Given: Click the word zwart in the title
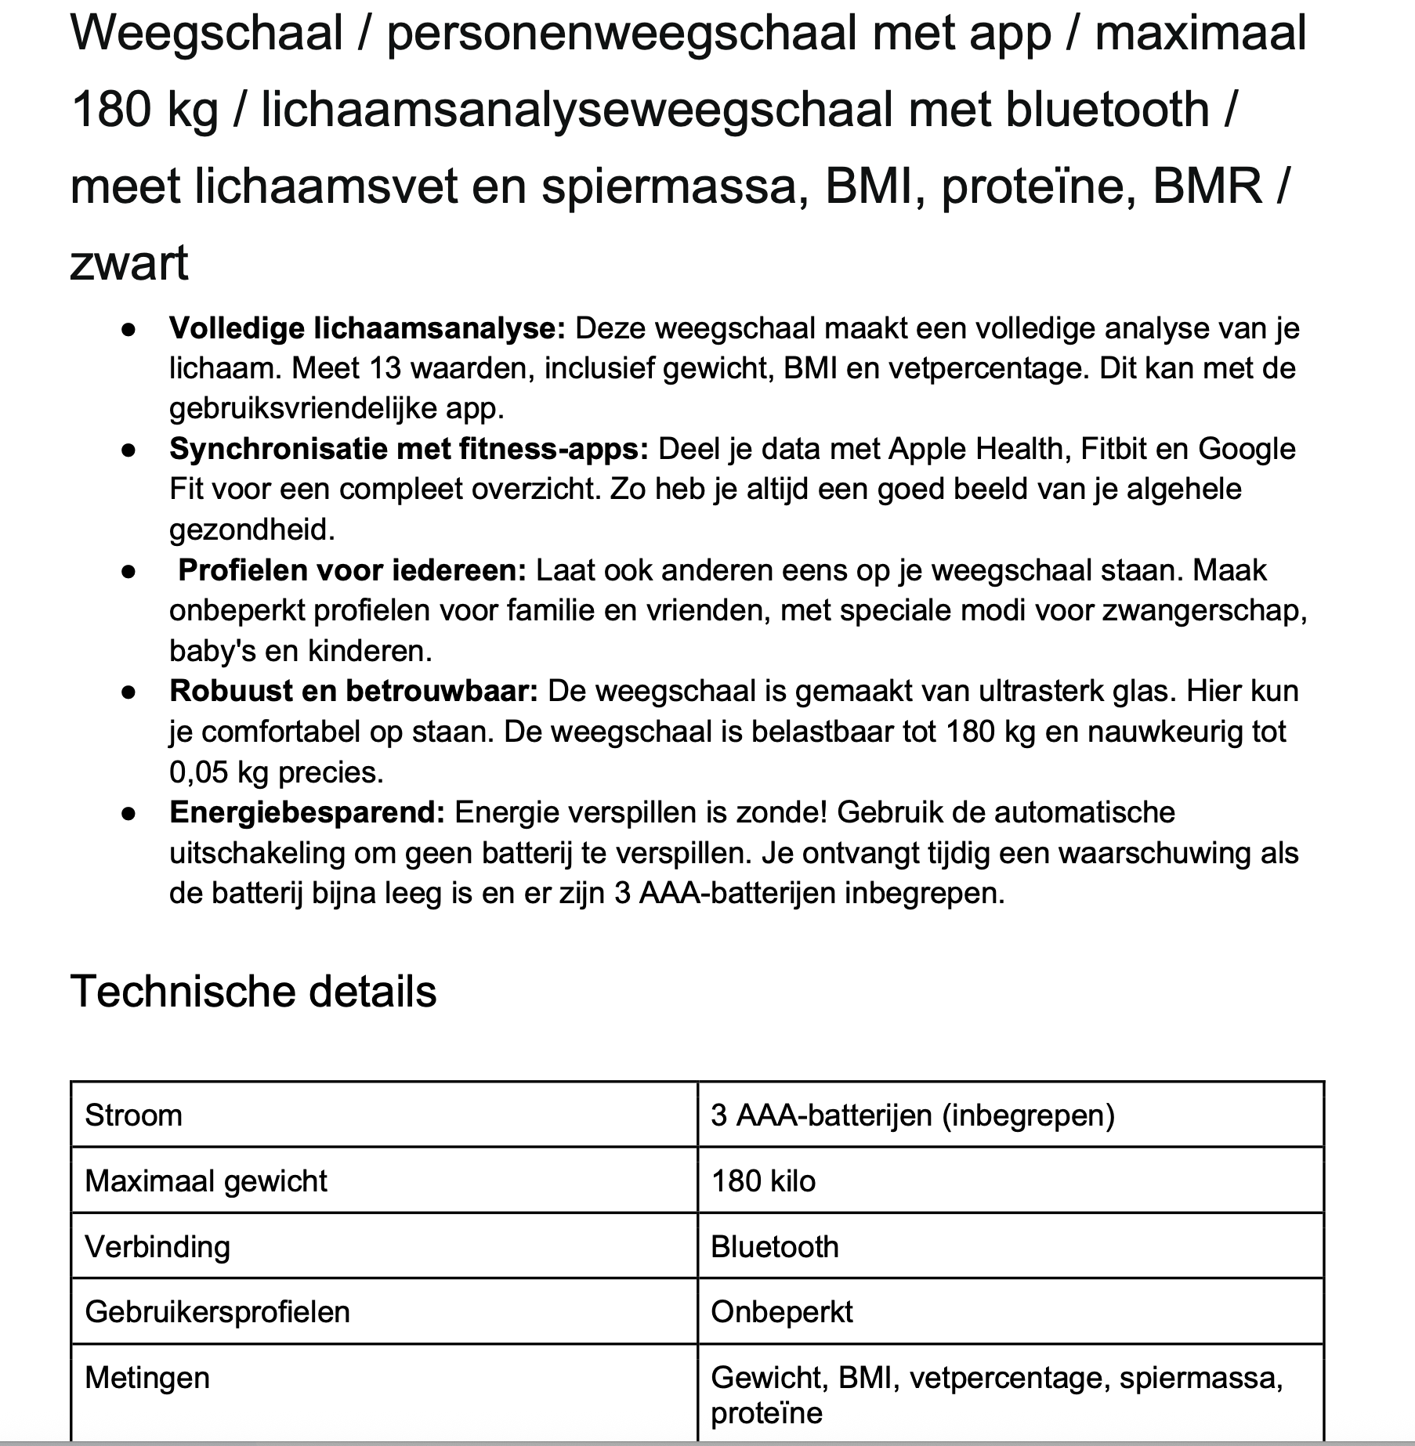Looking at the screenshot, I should [129, 263].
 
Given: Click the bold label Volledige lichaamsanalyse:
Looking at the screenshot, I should [367, 328].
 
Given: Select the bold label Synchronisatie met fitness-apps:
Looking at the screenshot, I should [409, 449].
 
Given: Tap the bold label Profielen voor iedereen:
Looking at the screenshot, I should [353, 570].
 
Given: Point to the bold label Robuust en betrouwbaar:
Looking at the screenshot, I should [353, 691].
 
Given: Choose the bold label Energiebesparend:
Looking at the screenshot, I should [307, 812].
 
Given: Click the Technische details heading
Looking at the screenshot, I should [253, 992].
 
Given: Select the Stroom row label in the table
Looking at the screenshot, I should [133, 1115].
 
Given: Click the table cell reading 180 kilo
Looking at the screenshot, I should [763, 1181].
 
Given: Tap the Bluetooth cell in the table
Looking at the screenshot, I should [774, 1247].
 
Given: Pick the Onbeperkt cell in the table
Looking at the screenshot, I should [781, 1312].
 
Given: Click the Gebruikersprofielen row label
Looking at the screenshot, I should [217, 1312].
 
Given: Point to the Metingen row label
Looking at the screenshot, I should [147, 1378].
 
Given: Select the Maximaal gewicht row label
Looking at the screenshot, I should [205, 1181].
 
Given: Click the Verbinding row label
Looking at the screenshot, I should [157, 1247].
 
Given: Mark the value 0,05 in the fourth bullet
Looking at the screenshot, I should [198, 772].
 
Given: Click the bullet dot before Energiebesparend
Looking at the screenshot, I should [129, 814].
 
